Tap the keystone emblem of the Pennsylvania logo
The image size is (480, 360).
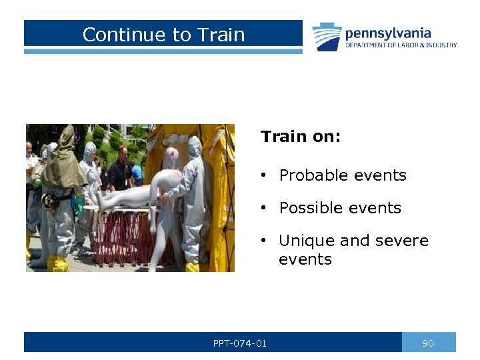[x=327, y=37]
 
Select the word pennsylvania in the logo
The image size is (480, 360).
[x=387, y=33]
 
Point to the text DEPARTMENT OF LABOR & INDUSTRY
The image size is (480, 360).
[x=401, y=45]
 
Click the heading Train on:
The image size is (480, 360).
[x=300, y=137]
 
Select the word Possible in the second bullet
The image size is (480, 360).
[x=311, y=208]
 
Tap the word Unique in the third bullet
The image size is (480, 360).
[x=308, y=241]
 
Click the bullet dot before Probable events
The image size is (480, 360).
[x=265, y=175]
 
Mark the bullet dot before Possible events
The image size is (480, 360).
[x=265, y=208]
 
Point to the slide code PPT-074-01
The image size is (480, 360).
[x=239, y=343]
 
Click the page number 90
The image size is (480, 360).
[x=428, y=343]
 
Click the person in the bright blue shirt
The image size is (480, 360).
[x=136, y=173]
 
